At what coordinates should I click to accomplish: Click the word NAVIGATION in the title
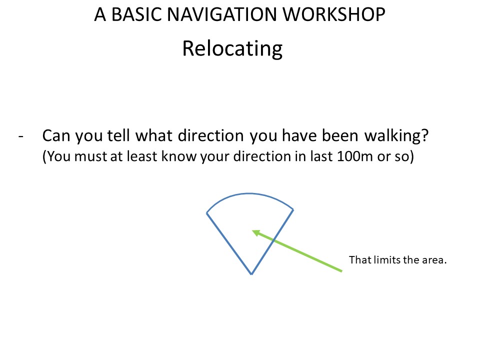[x=222, y=14]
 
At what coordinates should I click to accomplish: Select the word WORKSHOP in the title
[x=333, y=14]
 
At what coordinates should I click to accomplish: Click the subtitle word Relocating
[x=232, y=48]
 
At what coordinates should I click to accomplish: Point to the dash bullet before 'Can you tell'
[x=21, y=136]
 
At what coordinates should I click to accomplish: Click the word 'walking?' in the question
[x=396, y=135]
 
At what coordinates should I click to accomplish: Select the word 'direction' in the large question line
[x=211, y=135]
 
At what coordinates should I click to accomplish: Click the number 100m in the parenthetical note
[x=354, y=156]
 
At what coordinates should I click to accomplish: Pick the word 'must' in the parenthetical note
[x=90, y=156]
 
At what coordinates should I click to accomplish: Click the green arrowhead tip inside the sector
[x=252, y=231]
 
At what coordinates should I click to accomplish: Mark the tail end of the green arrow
[x=341, y=270]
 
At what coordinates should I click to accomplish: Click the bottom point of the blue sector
[x=251, y=274]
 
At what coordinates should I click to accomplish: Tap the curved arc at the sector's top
[x=249, y=193]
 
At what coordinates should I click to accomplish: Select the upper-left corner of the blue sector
[x=207, y=213]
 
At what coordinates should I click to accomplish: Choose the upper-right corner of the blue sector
[x=293, y=209]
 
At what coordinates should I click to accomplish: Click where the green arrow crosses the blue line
[x=273, y=240]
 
